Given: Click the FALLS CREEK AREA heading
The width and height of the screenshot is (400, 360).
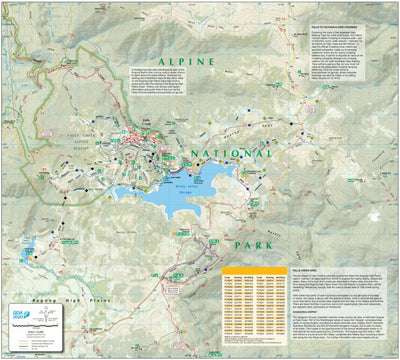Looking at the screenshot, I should (325, 256).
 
